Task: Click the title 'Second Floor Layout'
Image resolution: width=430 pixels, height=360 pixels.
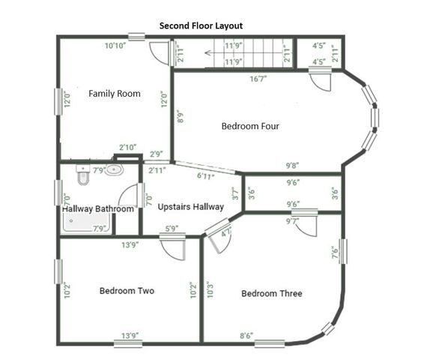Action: tap(201, 25)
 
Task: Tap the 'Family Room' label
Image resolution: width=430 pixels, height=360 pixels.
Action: tap(115, 94)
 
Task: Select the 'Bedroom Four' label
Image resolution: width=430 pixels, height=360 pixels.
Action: tap(250, 126)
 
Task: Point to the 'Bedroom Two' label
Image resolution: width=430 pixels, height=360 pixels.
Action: tap(127, 290)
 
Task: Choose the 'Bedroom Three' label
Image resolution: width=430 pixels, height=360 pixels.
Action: tap(271, 293)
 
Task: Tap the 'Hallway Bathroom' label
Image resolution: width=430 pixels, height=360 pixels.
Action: tap(97, 208)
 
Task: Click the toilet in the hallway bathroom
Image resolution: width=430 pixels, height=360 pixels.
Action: tap(83, 175)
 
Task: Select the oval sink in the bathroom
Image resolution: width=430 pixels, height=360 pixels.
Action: tap(113, 170)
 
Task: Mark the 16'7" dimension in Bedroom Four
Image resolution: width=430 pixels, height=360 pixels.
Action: tap(259, 78)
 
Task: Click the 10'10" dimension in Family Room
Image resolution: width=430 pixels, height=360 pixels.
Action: tap(115, 46)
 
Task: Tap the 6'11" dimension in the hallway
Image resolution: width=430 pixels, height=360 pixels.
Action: tap(206, 177)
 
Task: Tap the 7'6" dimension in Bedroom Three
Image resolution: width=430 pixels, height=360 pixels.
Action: tap(335, 253)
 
